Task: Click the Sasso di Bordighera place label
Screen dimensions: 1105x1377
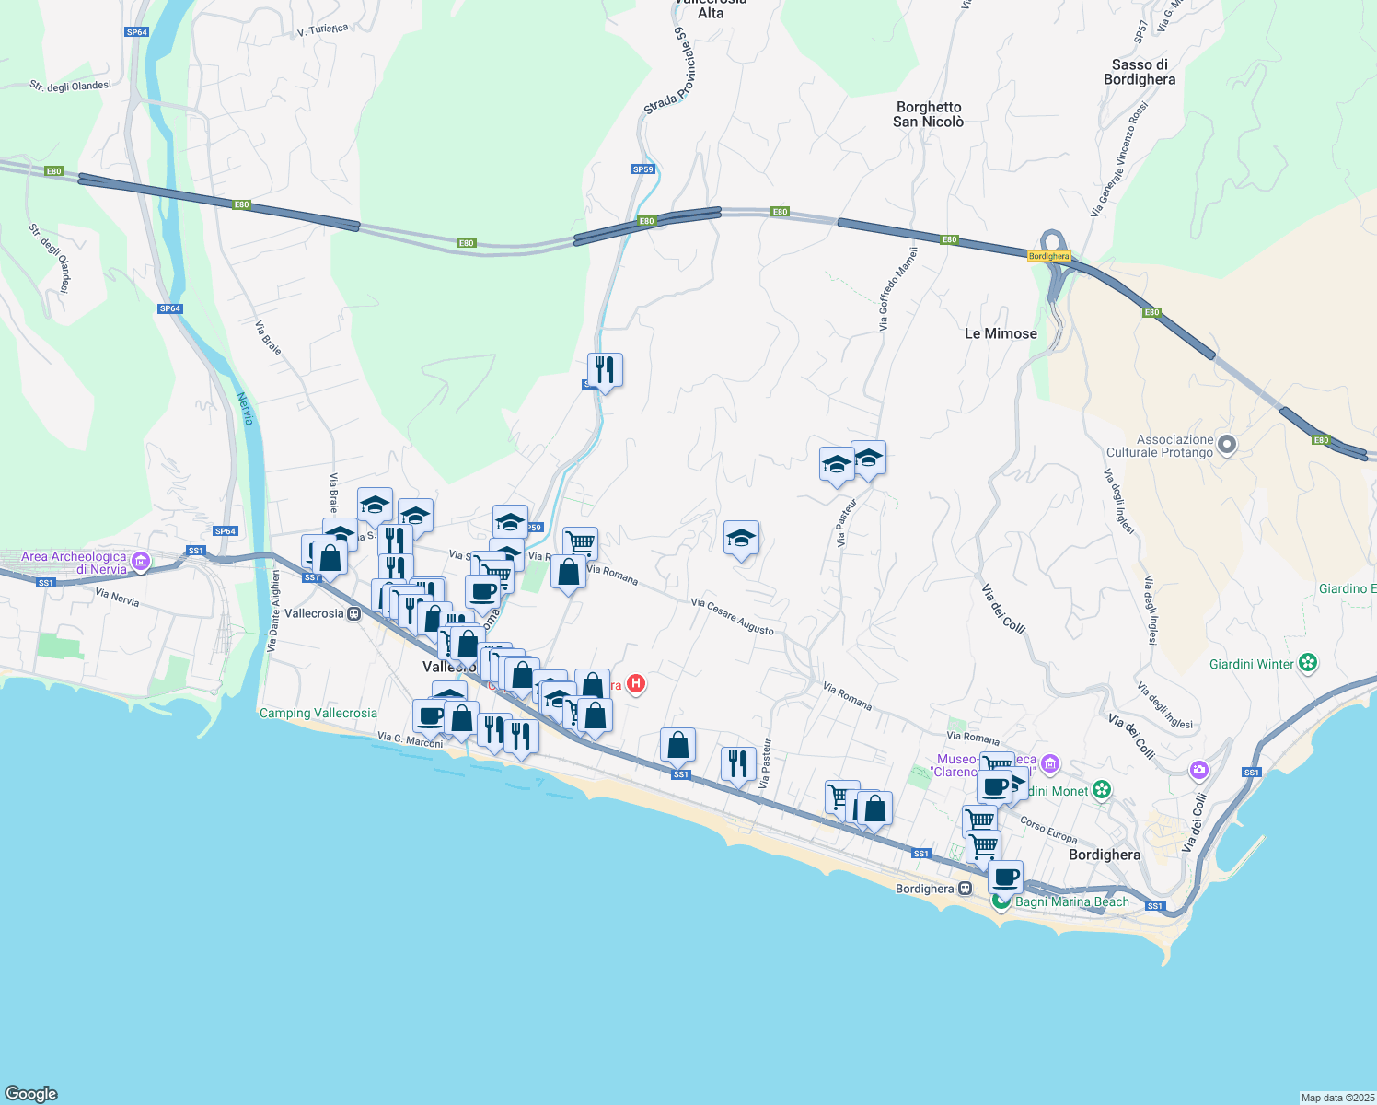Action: tap(1140, 72)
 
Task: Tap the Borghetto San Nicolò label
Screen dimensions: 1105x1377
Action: tap(928, 114)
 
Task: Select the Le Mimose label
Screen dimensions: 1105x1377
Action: tap(1001, 333)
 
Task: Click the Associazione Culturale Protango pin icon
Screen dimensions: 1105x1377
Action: tap(1226, 446)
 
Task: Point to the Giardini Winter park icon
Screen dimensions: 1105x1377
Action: tap(1308, 663)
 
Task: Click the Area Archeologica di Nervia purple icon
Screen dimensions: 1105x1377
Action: tap(141, 561)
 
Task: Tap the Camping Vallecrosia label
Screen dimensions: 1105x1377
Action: tap(318, 713)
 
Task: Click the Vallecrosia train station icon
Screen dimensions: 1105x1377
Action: tap(354, 614)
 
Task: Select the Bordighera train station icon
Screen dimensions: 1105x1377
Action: tap(965, 889)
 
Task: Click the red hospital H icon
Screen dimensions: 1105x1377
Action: tap(636, 684)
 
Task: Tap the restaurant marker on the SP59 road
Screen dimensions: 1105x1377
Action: tap(605, 370)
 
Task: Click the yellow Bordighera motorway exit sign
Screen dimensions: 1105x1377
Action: tap(1048, 256)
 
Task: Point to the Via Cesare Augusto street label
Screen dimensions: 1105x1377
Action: tap(733, 616)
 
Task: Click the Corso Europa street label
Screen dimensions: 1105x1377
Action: tap(1048, 830)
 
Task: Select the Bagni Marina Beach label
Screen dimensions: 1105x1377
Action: tap(1071, 901)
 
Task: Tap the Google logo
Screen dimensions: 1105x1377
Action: tap(31, 1093)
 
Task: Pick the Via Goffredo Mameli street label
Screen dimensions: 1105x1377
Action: tap(897, 288)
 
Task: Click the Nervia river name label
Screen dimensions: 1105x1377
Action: tap(245, 408)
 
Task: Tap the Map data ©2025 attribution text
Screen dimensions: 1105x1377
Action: tap(1336, 1098)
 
